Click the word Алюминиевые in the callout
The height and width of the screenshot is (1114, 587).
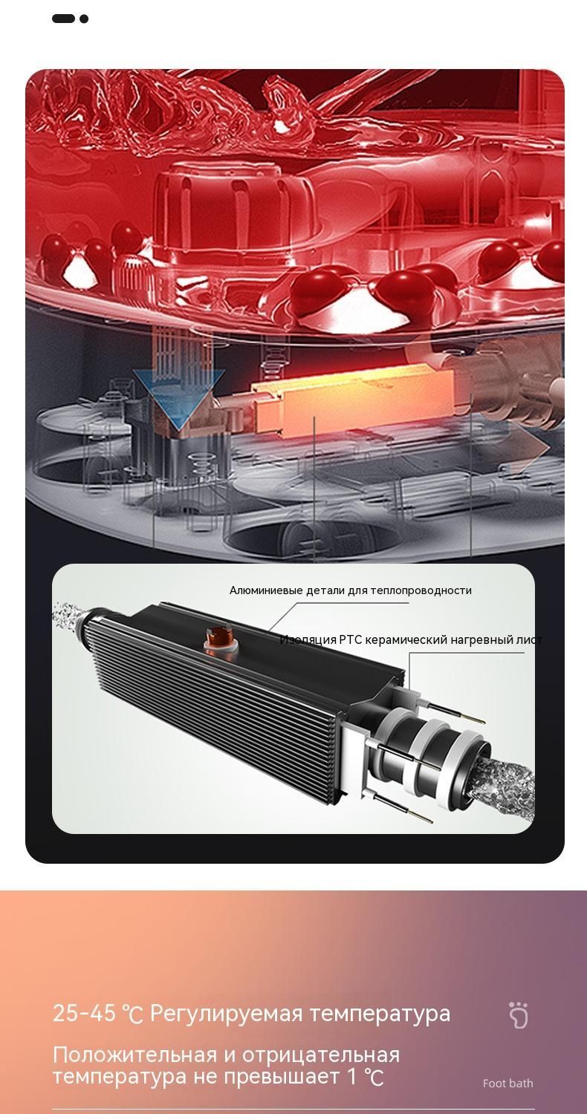tap(266, 590)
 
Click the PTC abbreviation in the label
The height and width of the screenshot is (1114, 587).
tap(351, 639)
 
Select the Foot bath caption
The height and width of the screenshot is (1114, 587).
tap(507, 1084)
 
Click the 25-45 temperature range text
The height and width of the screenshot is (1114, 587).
tap(97, 1014)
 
